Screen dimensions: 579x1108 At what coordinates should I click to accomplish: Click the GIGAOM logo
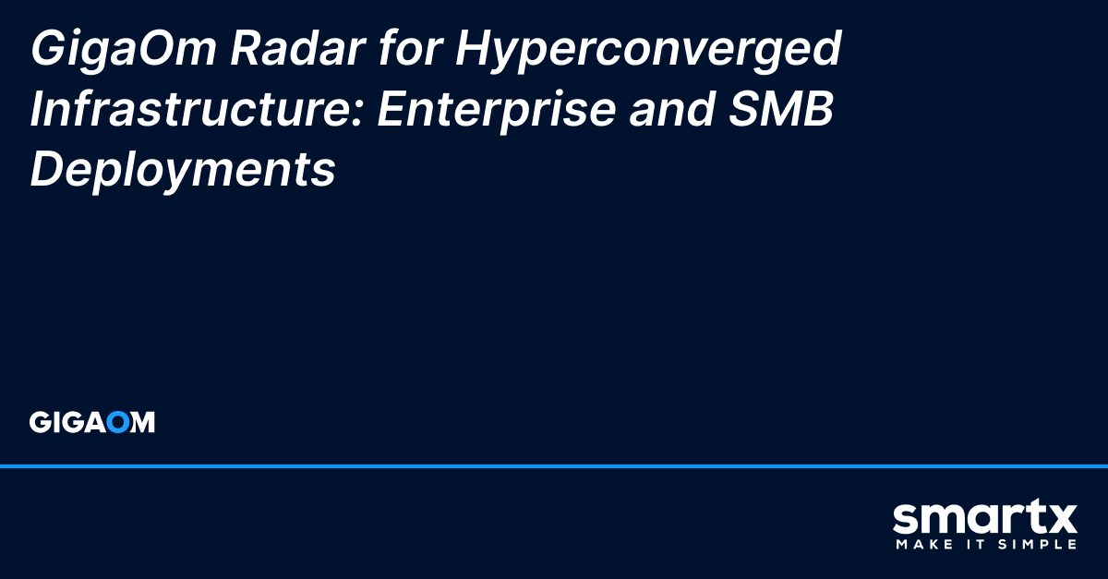92,423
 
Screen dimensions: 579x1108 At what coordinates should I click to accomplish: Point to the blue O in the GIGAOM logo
117,423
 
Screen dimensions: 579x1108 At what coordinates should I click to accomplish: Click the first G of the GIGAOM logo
39,423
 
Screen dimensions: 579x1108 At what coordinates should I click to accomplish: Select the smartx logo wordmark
984,519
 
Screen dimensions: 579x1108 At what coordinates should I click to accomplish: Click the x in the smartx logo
1060,520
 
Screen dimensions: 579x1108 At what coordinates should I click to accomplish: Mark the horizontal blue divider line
554,466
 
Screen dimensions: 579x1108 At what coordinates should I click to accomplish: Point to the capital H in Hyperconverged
471,48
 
